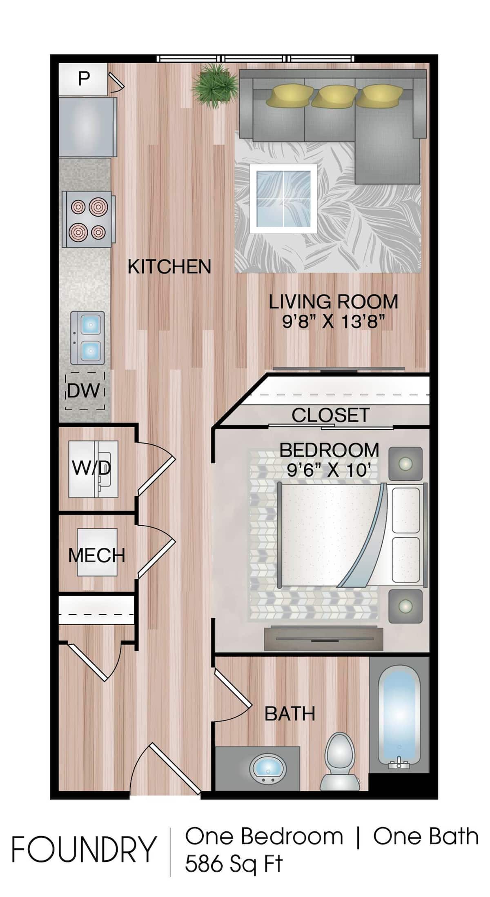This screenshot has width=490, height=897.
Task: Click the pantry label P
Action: (x=84, y=78)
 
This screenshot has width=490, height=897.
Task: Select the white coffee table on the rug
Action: (x=283, y=199)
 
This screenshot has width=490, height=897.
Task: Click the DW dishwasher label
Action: (x=83, y=391)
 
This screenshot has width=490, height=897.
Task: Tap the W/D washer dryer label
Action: (x=91, y=468)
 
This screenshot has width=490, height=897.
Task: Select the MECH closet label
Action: (x=96, y=555)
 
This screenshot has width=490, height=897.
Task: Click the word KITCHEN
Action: (x=169, y=267)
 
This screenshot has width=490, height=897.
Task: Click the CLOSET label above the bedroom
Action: (x=330, y=415)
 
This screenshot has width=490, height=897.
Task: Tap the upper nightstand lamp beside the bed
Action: (x=405, y=464)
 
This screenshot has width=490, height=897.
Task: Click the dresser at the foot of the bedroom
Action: (x=323, y=638)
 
